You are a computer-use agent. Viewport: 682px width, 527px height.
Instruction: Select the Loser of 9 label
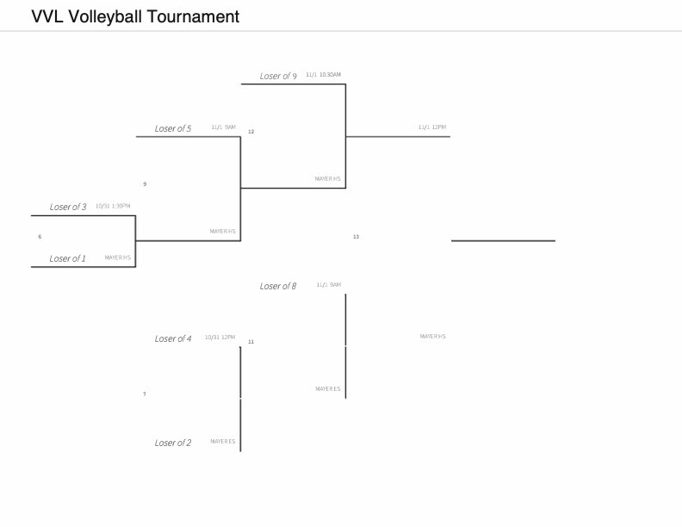[278, 76]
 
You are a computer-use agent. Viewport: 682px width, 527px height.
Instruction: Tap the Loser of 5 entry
[172, 128]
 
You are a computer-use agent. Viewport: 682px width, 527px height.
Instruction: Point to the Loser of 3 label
[67, 207]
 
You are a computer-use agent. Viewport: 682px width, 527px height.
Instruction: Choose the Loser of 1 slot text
[67, 258]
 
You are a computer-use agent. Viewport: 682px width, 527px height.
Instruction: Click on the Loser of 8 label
[277, 286]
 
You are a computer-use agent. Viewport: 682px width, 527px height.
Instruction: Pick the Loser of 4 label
[172, 338]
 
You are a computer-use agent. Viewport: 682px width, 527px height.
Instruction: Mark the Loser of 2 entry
[172, 443]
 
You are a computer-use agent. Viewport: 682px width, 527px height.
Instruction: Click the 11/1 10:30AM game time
[323, 75]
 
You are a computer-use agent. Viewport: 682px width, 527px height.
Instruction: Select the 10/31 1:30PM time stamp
[113, 206]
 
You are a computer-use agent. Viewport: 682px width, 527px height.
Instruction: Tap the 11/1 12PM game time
[432, 127]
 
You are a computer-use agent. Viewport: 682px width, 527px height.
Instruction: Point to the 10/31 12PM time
[220, 338]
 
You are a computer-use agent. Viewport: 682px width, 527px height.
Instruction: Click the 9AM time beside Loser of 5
[223, 127]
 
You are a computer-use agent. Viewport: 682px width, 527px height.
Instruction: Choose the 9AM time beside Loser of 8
[328, 285]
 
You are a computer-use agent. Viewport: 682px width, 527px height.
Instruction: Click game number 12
[251, 132]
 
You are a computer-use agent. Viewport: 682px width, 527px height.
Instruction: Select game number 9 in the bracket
[145, 184]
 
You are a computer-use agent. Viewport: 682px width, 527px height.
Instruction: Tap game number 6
[40, 236]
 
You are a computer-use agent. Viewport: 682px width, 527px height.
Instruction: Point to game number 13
[356, 237]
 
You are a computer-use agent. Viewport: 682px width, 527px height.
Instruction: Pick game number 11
[251, 342]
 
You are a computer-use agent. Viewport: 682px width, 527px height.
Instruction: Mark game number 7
[145, 394]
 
